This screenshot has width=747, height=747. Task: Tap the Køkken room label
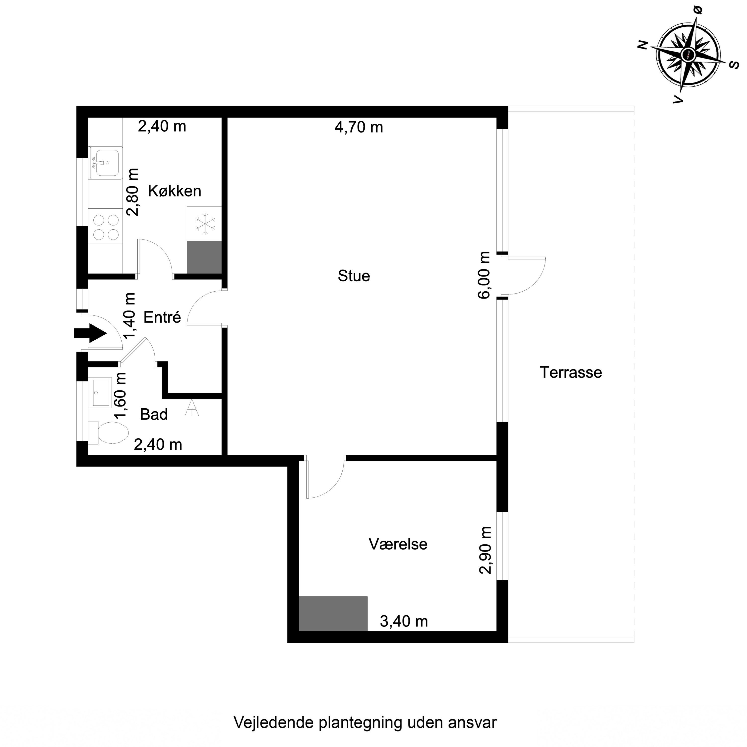[174, 191]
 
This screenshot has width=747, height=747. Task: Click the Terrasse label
[571, 372]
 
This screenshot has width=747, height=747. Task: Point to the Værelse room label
[398, 544]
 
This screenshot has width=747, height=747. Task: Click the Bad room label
[153, 415]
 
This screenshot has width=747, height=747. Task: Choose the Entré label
[162, 317]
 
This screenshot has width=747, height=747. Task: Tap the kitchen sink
[105, 163]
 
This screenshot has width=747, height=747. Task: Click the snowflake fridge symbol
[204, 224]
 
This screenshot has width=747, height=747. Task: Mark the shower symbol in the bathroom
[191, 408]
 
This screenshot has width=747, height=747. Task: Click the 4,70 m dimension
[358, 127]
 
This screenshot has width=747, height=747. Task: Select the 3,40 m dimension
[404, 621]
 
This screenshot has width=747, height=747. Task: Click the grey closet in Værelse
[333, 614]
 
